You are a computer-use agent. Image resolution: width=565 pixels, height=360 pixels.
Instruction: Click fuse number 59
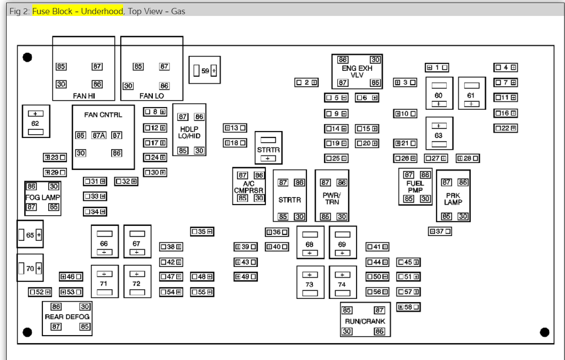pyautogui.click(x=205, y=70)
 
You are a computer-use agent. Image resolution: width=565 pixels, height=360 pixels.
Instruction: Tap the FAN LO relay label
pyautogui.click(x=152, y=96)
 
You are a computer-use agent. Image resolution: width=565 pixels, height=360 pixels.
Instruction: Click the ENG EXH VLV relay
pyautogui.click(x=357, y=71)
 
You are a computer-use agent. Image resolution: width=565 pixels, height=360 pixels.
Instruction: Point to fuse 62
pyautogui.click(x=35, y=123)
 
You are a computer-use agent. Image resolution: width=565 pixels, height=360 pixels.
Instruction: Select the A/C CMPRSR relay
pyautogui.click(x=249, y=186)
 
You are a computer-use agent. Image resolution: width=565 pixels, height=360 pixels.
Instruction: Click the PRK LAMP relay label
pyautogui.click(x=453, y=199)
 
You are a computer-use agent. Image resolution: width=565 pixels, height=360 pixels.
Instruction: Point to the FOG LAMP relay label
pyautogui.click(x=43, y=197)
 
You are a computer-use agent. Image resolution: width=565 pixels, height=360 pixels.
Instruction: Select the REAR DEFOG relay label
pyautogui.click(x=67, y=317)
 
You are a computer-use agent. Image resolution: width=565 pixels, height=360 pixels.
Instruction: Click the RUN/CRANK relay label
pyautogui.click(x=365, y=321)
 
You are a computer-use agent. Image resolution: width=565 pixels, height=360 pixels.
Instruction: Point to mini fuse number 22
pyautogui.click(x=506, y=128)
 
